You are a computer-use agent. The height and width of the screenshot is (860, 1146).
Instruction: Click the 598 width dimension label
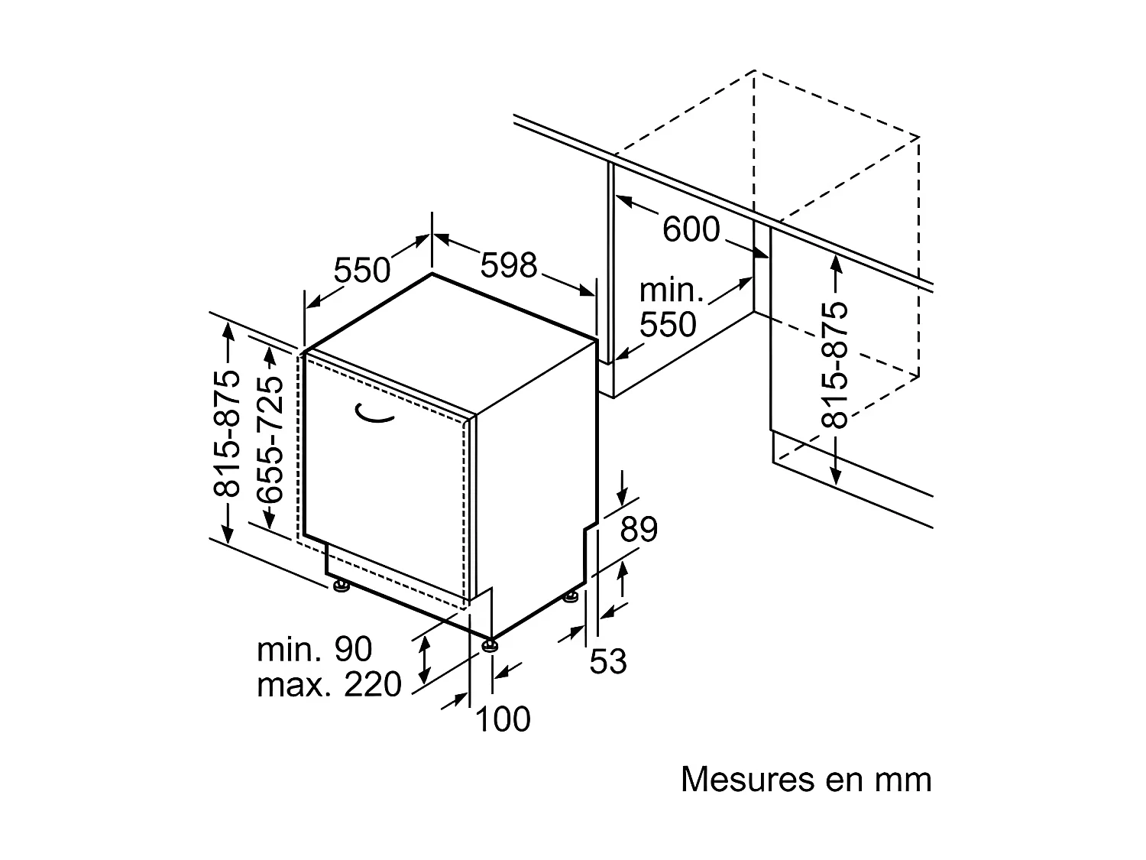tap(509, 265)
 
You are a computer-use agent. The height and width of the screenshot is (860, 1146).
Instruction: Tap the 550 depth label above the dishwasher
tap(362, 269)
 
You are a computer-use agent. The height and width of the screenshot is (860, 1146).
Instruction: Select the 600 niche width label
tap(691, 229)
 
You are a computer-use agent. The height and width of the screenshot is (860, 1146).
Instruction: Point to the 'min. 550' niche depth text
tap(668, 308)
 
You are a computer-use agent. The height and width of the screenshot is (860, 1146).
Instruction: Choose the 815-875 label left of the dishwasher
tap(227, 433)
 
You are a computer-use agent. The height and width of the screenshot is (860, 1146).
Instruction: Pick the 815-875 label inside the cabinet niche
tap(835, 365)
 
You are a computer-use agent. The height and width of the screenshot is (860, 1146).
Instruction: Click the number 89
tap(639, 530)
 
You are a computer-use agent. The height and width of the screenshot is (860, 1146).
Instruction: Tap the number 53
tap(608, 661)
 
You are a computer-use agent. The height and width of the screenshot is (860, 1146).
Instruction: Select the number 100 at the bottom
tap(503, 719)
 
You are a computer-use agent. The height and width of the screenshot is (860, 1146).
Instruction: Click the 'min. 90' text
tap(314, 650)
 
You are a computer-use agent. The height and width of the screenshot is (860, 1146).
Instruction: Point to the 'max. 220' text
tap(329, 685)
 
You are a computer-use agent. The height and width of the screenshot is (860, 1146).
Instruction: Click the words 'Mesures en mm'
tap(806, 780)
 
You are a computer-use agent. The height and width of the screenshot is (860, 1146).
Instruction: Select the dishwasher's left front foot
tap(341, 586)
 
